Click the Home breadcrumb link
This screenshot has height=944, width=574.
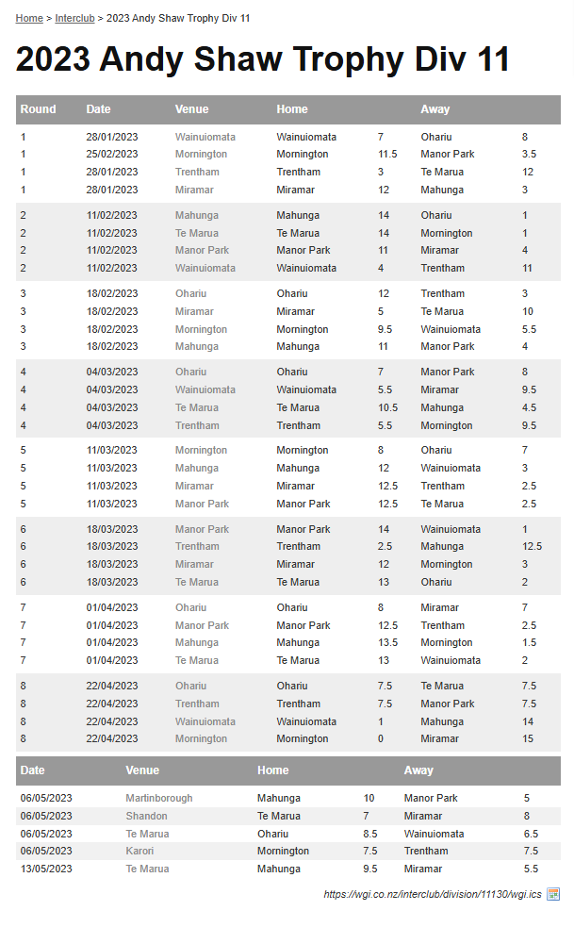29,18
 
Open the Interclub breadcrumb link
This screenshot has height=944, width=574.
74,18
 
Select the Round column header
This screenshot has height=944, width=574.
38,109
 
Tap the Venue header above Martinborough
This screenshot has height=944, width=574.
142,770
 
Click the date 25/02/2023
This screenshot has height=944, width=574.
111,154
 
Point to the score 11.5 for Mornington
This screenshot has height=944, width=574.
387,154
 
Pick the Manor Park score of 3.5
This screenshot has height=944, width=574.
529,154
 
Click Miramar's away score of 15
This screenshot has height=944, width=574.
528,738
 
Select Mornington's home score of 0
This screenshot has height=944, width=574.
381,738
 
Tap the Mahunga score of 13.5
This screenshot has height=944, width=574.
387,642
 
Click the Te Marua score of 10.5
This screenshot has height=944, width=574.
387,407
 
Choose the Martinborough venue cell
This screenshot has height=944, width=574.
158,798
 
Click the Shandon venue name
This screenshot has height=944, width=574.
146,816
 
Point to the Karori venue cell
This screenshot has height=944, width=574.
139,851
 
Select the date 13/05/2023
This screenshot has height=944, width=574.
46,869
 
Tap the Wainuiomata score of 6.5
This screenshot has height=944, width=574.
531,834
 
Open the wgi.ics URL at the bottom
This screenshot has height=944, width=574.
433,894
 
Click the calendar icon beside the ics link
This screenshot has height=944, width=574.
553,893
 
